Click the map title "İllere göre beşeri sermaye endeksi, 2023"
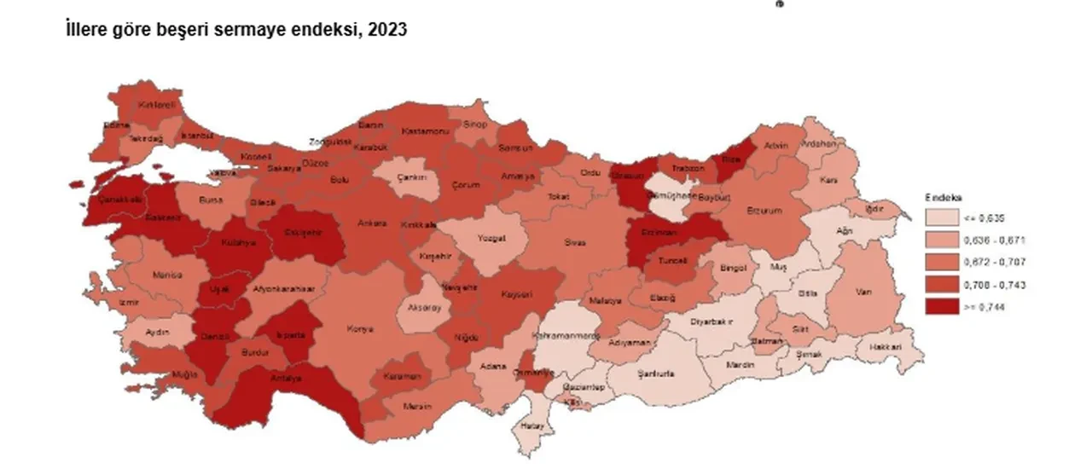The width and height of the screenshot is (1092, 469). click(x=236, y=30)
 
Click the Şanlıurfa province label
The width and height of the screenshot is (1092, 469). click(x=657, y=373)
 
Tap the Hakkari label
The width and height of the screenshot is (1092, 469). click(x=886, y=347)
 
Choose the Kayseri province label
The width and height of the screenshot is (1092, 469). click(x=517, y=294)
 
